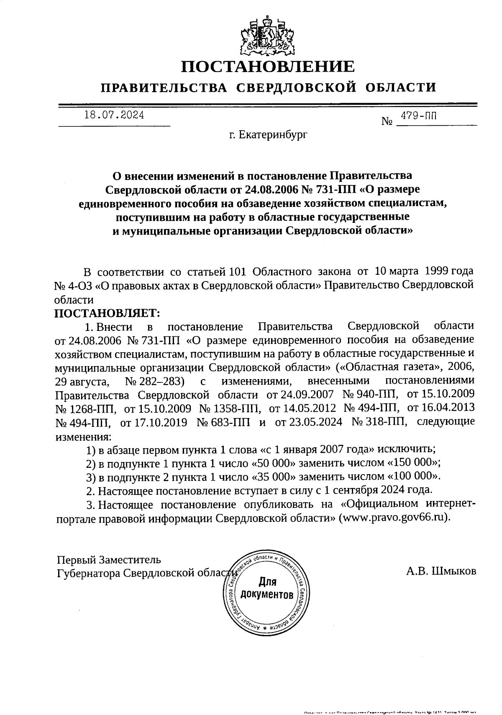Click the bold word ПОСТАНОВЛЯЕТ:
(108, 313)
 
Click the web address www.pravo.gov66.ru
(393, 517)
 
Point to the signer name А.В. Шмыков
(441, 571)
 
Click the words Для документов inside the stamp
(266, 588)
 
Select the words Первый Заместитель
(109, 560)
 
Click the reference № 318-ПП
(379, 421)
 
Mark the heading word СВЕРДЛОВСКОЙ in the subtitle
(297, 88)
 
